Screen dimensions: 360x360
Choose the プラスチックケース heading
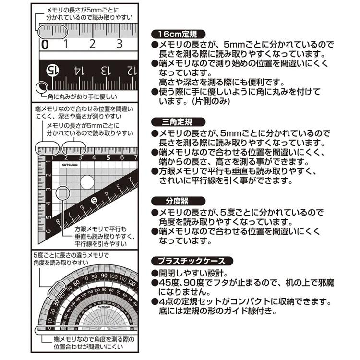tap(192, 262)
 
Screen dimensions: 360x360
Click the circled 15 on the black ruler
tap(51, 71)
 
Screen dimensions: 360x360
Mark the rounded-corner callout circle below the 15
tap(43, 87)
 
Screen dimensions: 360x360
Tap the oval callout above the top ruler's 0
tap(48, 32)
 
